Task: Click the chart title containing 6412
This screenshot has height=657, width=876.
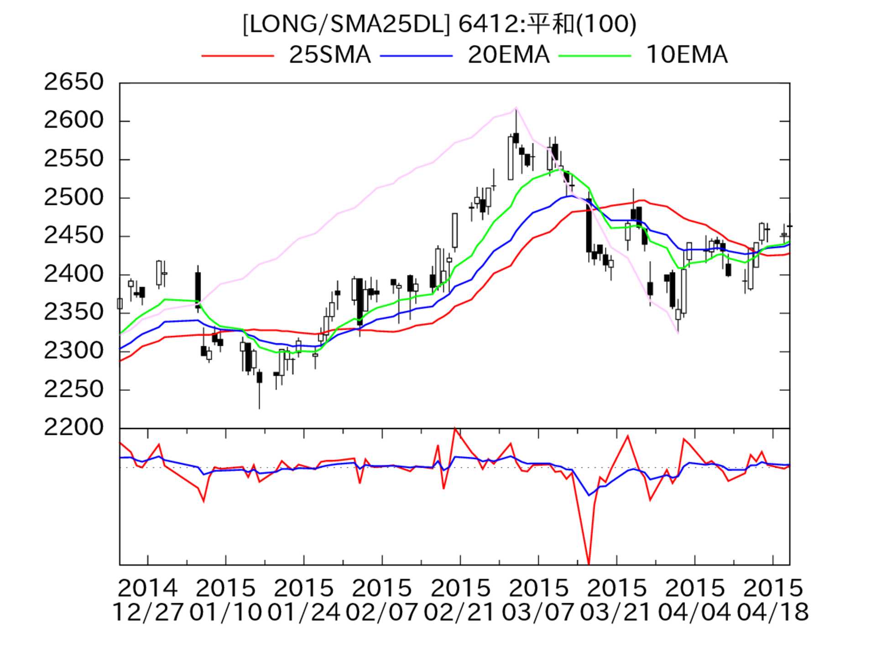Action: point(439,24)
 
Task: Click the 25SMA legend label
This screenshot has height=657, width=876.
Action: point(330,55)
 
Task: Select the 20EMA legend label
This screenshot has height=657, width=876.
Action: point(508,55)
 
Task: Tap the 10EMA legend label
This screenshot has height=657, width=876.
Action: point(687,55)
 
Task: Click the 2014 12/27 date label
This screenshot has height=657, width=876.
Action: point(148,600)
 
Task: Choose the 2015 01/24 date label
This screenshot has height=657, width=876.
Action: point(304,600)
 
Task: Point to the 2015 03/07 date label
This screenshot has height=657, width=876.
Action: point(538,600)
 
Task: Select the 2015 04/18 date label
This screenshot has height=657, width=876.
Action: point(773,600)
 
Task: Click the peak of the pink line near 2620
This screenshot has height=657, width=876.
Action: point(516,108)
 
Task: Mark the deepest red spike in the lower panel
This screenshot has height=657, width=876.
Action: point(589,564)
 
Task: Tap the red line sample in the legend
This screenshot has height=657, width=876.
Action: point(237,56)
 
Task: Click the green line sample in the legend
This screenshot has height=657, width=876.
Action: point(594,56)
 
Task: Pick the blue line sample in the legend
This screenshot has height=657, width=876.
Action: point(416,56)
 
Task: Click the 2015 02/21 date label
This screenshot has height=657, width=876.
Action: point(460,600)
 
